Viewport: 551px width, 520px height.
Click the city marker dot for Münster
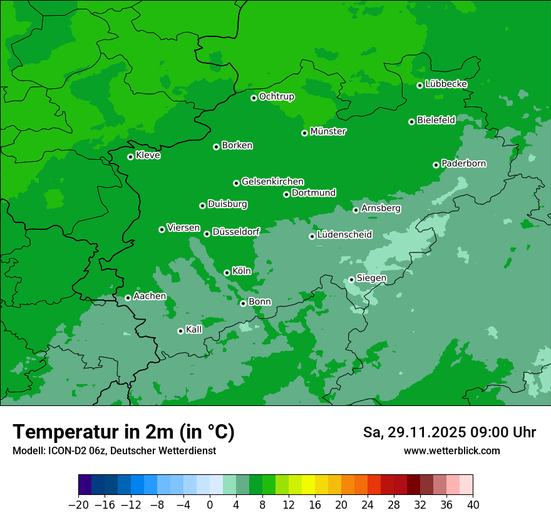[305, 133]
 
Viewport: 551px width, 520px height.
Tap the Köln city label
[242, 271]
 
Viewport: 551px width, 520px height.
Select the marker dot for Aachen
[128, 298]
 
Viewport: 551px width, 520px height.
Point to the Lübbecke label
[446, 84]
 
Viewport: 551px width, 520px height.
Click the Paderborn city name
[463, 164]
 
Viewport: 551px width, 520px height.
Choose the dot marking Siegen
[351, 279]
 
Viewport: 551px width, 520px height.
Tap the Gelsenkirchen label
[272, 182]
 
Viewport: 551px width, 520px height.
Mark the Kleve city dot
[130, 157]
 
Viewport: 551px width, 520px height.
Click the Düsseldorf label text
[236, 232]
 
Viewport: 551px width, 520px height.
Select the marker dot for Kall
[180, 331]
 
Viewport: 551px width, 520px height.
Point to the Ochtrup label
[276, 96]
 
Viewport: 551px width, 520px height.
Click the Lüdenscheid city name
[344, 235]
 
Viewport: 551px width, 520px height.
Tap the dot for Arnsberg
[356, 210]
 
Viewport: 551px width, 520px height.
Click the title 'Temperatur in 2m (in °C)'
[123, 432]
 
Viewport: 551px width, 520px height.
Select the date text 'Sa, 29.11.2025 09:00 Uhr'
[449, 432]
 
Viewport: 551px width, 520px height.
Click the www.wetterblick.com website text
[451, 450]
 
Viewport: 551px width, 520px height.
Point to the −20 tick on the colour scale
[78, 505]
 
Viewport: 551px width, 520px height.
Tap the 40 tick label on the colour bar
[473, 505]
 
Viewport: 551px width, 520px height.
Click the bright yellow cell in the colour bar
[308, 485]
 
